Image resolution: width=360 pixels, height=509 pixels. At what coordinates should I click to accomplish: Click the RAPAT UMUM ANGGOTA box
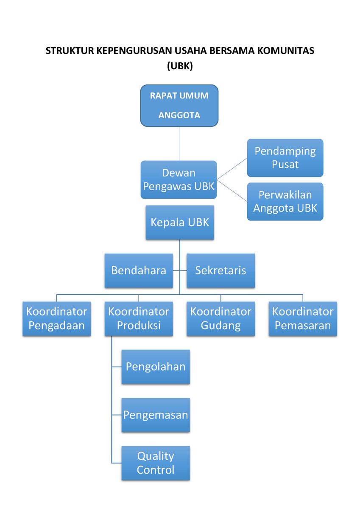point(179,106)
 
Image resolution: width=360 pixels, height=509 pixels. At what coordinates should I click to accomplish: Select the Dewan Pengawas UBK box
point(179,179)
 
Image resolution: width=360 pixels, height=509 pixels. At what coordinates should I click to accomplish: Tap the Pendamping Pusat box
point(285,158)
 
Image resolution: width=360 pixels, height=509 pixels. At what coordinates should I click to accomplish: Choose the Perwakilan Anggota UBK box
point(285,201)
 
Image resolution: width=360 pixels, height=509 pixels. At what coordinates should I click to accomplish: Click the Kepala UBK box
point(180,223)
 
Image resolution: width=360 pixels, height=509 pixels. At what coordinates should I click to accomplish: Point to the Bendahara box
point(139,271)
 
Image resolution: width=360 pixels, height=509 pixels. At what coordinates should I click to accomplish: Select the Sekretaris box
point(220,271)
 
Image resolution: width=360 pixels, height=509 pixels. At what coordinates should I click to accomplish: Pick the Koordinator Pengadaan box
point(57,319)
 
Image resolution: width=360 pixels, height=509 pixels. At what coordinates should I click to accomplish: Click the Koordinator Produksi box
point(139,319)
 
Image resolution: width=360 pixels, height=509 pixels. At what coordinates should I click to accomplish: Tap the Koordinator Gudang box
point(220,319)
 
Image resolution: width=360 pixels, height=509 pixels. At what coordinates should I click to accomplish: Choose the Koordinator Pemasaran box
point(303,319)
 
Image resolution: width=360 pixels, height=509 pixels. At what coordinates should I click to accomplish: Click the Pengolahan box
point(156,367)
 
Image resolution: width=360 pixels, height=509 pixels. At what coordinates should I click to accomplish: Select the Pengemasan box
point(156,415)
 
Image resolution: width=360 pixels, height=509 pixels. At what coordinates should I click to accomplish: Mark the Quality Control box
point(156,463)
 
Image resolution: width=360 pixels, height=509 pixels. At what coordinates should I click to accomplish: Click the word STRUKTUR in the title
point(70,51)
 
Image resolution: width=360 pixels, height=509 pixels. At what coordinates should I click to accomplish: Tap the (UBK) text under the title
point(180,66)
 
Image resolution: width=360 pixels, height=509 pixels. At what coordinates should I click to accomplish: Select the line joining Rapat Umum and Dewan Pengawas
point(179,143)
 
